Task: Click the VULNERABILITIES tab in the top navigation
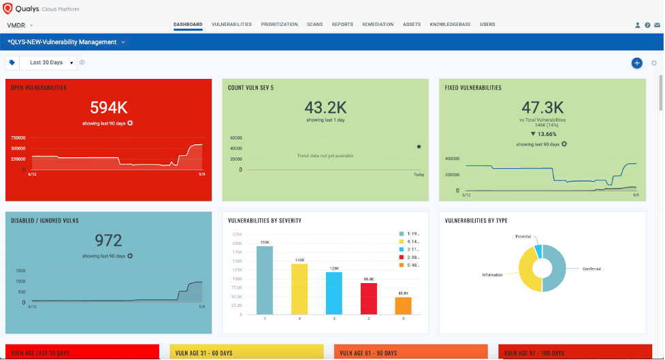tap(231, 24)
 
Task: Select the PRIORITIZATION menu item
tap(279, 24)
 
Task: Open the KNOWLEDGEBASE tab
tap(450, 24)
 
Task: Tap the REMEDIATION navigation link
tap(378, 24)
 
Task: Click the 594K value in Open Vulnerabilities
tap(108, 108)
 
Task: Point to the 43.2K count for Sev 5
tap(325, 108)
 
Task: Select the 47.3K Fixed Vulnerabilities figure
tap(542, 108)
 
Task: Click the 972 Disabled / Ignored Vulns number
tap(108, 240)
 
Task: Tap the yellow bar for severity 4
tap(299, 289)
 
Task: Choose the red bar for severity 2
tap(368, 299)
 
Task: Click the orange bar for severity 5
tap(403, 306)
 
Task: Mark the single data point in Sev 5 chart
tap(418, 146)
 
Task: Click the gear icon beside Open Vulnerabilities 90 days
tap(130, 123)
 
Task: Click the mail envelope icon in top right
tap(657, 25)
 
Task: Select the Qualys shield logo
tap(8, 8)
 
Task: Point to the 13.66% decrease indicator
tap(542, 134)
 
